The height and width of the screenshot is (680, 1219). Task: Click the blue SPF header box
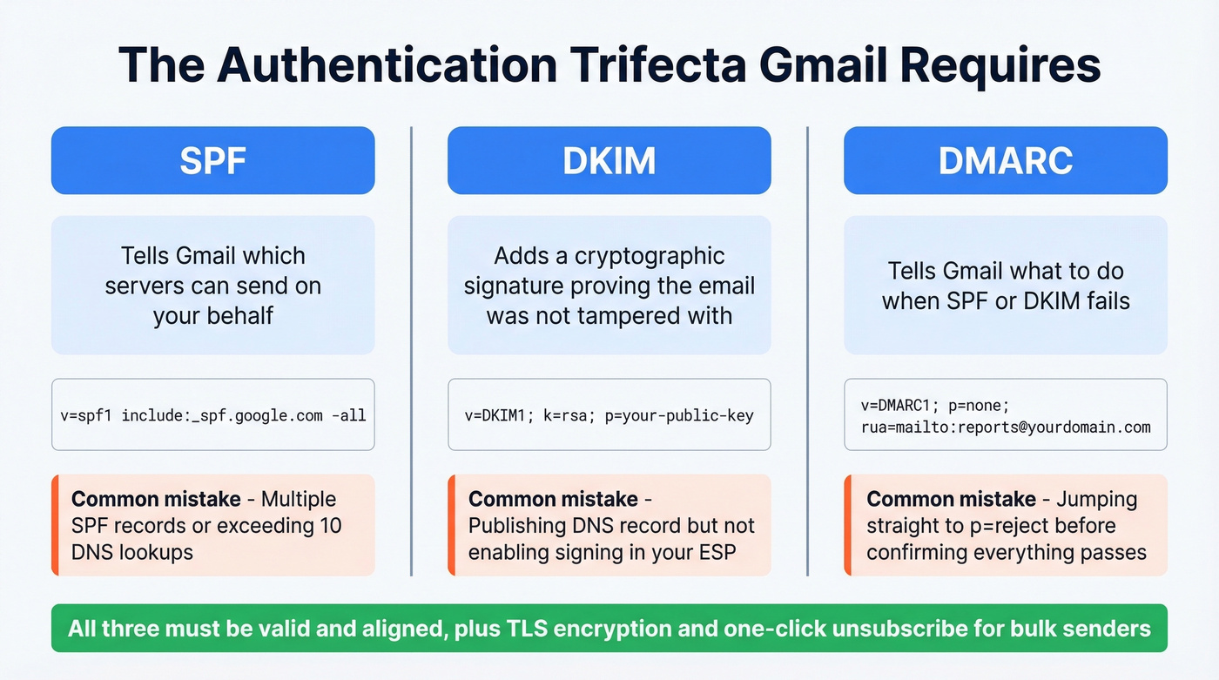[x=212, y=160]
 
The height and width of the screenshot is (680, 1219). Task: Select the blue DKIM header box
[x=609, y=160]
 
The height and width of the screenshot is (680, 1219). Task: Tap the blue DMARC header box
[x=1005, y=160]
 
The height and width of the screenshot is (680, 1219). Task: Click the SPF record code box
[x=212, y=414]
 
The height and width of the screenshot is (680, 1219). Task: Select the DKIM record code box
[x=609, y=414]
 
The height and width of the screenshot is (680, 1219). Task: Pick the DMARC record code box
[x=1005, y=414]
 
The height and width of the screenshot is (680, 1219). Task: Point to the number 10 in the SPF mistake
[x=329, y=526]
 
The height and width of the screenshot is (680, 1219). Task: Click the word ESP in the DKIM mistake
[x=717, y=552]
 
